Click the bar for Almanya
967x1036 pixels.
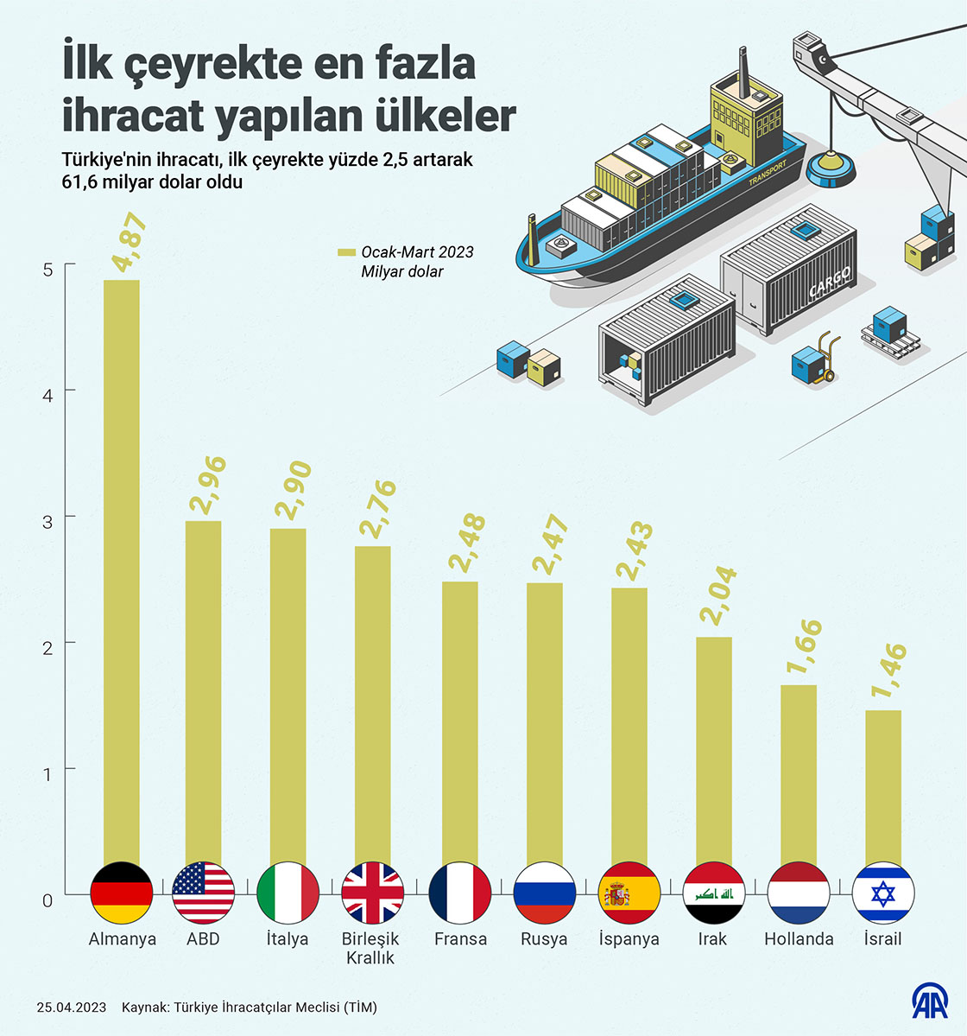tap(121, 570)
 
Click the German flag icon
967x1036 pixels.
tap(121, 893)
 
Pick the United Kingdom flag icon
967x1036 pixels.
tap(373, 893)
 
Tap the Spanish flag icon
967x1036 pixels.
tap(629, 893)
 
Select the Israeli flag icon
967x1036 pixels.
tap(883, 893)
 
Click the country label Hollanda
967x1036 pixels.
tap(799, 939)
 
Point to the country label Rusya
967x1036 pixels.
tap(544, 939)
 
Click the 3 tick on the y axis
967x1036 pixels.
tap(47, 522)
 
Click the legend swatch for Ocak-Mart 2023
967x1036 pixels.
tap(345, 252)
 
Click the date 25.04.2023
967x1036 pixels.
tap(72, 1007)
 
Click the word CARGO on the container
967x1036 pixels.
tap(830, 282)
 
